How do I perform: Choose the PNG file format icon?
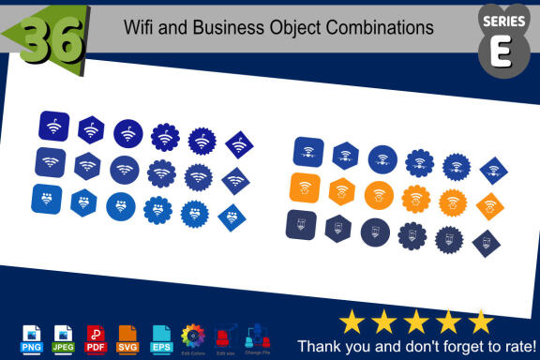coord(32,337)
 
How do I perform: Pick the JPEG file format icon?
coord(64,337)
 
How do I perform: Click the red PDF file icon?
coord(96,337)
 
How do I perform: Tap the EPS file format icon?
coord(160,337)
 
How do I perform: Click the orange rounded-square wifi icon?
coord(306,187)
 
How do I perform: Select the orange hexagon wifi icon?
coord(342,191)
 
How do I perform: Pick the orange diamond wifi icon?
coord(489,205)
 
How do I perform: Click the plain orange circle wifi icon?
coord(380,195)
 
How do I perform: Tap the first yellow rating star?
coord(352,321)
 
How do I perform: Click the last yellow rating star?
coord(481,321)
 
